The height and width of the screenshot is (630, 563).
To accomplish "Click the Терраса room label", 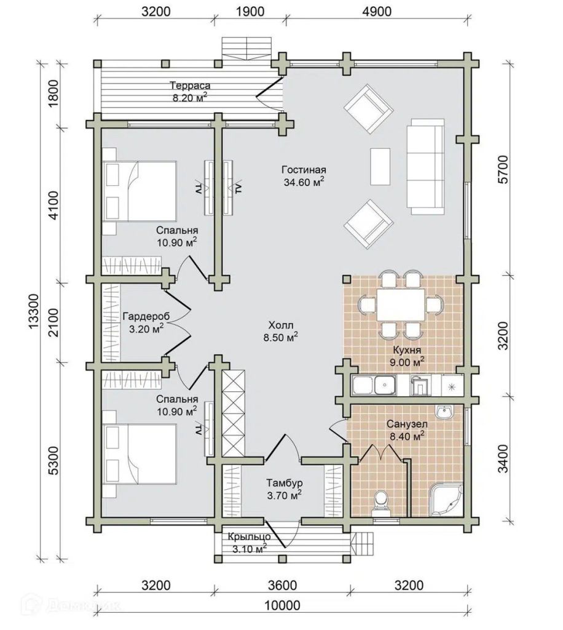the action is [x=190, y=86].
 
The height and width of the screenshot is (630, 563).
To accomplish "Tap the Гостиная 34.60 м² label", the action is [x=304, y=176].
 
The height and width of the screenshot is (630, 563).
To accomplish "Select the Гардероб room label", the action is [x=146, y=316].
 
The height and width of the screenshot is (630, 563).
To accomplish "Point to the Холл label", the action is [x=280, y=325].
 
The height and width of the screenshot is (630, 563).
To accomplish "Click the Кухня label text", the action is [x=407, y=350].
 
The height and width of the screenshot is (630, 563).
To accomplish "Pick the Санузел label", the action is [x=407, y=424].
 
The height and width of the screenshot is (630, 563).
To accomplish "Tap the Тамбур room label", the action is [x=285, y=482].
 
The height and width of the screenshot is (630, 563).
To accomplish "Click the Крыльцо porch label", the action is [x=249, y=536].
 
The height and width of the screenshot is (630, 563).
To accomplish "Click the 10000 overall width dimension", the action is [x=282, y=605].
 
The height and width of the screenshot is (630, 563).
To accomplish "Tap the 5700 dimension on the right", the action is [x=503, y=169].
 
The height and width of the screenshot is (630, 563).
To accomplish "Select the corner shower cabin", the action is [x=446, y=500].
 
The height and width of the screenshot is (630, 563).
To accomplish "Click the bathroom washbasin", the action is [x=444, y=412].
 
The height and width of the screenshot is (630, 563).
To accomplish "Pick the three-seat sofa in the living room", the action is [x=425, y=167].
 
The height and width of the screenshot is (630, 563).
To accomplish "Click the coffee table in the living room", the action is [x=380, y=166].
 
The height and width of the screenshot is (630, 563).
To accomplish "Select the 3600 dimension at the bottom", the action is [x=282, y=586].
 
